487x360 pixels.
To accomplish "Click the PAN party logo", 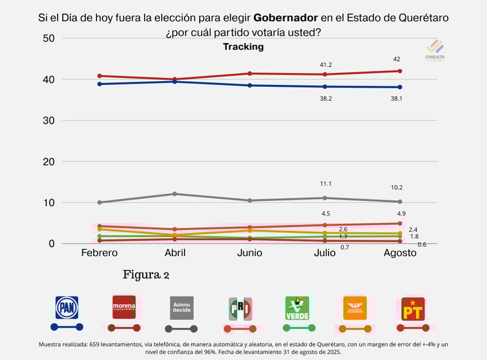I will [67, 307].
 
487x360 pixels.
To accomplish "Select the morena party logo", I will [124, 307].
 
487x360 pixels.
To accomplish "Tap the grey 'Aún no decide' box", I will [181, 307].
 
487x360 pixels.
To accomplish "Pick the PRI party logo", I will [240, 308].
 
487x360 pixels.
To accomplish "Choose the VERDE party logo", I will [297, 307].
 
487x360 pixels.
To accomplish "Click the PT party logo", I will [413, 309].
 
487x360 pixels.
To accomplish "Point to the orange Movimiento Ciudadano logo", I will [355, 307].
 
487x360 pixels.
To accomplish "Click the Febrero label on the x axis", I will [100, 253].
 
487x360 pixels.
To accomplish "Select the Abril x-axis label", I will [175, 253].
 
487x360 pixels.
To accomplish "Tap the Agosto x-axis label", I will [399, 253].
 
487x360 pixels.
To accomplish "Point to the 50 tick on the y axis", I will [49, 39].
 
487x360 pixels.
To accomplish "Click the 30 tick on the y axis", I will [49, 120].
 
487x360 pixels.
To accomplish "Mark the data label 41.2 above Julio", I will [326, 65].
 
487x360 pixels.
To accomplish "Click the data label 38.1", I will [401, 98].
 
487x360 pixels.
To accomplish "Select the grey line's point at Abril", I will [175, 194].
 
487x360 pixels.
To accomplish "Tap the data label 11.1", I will [326, 184].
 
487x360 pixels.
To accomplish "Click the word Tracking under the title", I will [243, 47].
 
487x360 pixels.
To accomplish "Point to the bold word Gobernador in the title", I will [285, 18].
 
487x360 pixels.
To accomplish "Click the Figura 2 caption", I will [146, 275].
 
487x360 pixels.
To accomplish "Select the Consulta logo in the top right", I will [435, 49].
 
